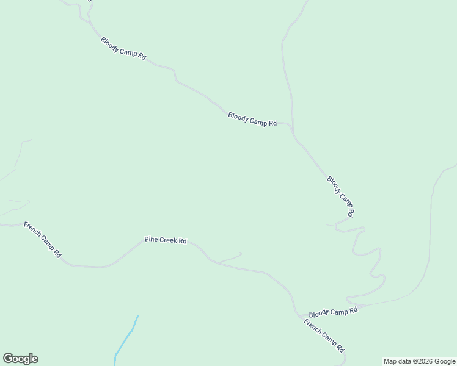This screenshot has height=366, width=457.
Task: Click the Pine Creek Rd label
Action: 165,240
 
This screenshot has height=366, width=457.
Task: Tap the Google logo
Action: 20,359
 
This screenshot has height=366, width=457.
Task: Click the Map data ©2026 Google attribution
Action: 419,361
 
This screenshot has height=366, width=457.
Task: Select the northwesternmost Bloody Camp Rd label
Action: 123,48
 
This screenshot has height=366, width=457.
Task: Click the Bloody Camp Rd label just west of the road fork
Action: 252,118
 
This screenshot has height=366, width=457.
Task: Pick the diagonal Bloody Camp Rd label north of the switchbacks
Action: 340,196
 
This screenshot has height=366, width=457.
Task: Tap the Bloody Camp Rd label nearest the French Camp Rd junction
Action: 333,312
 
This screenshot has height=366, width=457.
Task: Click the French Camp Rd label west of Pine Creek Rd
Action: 42,239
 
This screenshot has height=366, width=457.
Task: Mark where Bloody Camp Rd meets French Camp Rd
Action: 301,316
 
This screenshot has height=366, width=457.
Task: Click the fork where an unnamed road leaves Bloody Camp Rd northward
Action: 293,131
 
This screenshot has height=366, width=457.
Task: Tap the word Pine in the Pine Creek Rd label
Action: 150,239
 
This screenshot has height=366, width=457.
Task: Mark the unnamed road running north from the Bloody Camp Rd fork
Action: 287,73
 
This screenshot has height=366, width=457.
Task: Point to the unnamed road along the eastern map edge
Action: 430,232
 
